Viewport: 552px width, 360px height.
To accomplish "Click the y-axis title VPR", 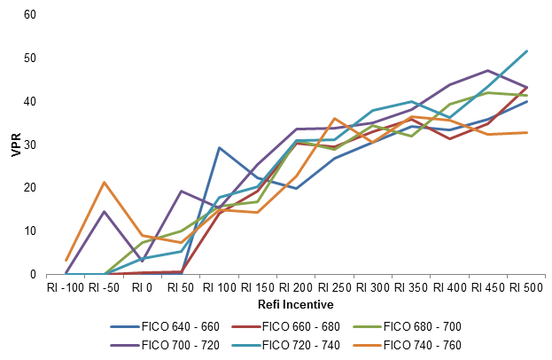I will (x=15, y=145).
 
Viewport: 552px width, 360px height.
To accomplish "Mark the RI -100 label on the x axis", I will (x=66, y=287).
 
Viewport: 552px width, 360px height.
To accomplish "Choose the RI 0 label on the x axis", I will (x=143, y=287).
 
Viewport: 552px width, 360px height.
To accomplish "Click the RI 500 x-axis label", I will (x=526, y=287).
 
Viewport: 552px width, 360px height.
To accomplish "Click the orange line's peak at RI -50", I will (x=105, y=183).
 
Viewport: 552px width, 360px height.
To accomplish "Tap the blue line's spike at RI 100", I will (x=219, y=147).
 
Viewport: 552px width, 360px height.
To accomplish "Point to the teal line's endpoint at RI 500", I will (x=527, y=51).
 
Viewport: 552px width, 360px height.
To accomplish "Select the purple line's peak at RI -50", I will (x=105, y=211).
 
